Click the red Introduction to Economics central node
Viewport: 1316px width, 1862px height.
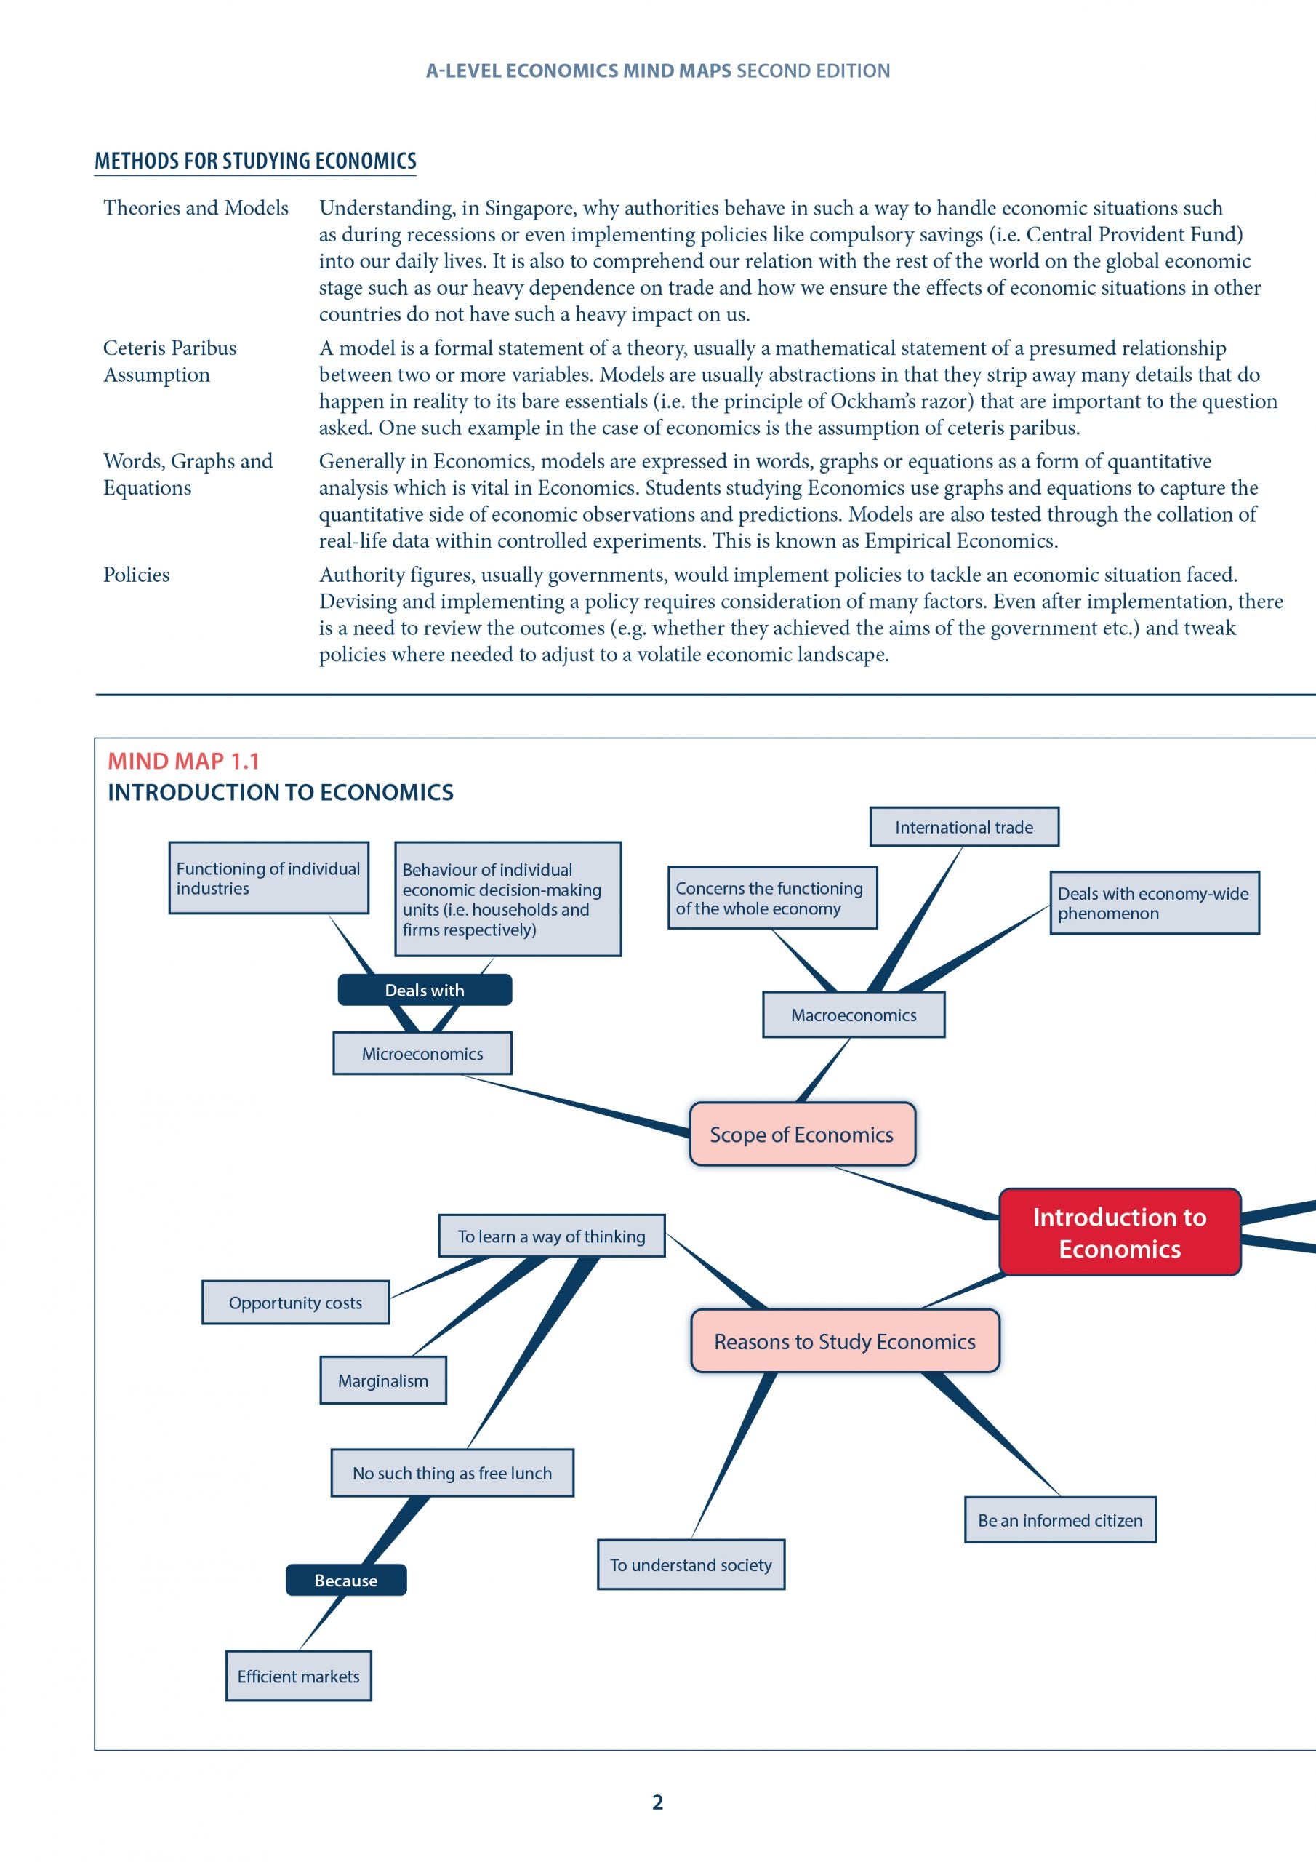tap(1119, 1232)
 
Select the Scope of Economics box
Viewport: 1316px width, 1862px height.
tap(801, 1134)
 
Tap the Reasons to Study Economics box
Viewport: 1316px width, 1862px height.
tap(844, 1341)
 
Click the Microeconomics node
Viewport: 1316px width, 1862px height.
tap(422, 1053)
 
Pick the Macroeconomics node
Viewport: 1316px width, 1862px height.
tap(853, 1015)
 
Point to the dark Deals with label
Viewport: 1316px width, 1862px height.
tap(424, 989)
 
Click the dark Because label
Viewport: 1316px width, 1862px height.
tap(345, 1580)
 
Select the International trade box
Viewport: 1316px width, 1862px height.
tap(963, 826)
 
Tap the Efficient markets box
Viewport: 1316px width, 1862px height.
tap(297, 1676)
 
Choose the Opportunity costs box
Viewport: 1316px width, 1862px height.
tap(295, 1303)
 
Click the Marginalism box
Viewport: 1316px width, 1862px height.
tap(382, 1380)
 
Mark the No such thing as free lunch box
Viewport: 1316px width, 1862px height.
tap(452, 1473)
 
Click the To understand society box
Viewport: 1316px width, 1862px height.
tap(690, 1565)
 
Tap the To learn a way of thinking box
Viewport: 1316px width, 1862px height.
tap(551, 1236)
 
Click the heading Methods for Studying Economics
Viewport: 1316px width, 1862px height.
tap(255, 161)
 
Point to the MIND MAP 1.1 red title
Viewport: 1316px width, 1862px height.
tap(183, 761)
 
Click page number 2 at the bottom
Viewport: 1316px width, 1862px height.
tap(657, 1802)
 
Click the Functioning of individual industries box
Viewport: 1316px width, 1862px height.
tap(268, 877)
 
